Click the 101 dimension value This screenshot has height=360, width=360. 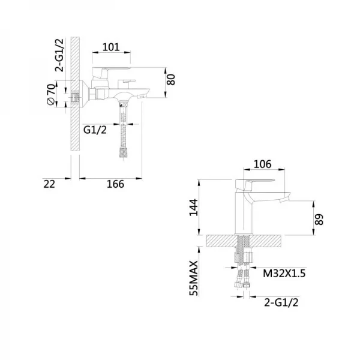[x=111, y=47]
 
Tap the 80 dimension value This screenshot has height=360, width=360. [x=171, y=79]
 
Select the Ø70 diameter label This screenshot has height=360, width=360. [x=51, y=94]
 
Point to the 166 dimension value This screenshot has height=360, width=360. [x=115, y=184]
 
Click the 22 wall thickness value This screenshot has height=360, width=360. [x=49, y=184]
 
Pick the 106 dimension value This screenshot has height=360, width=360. [x=262, y=164]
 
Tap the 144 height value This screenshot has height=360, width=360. [x=193, y=208]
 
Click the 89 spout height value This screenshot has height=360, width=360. [x=319, y=219]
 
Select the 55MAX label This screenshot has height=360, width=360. [x=193, y=278]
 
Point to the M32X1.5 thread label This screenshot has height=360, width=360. [x=284, y=274]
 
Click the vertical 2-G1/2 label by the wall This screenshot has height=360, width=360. [x=59, y=55]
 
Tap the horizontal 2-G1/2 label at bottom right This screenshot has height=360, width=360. [x=281, y=302]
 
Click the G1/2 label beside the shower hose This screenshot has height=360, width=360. [x=95, y=130]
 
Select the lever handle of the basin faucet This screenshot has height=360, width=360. [x=255, y=185]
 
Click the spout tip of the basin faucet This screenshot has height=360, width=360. [x=284, y=199]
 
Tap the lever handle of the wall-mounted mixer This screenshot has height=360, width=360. [x=111, y=71]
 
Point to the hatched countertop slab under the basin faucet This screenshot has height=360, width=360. [x=244, y=241]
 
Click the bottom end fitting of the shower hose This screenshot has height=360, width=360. [x=123, y=153]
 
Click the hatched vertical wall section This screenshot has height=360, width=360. [x=75, y=94]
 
